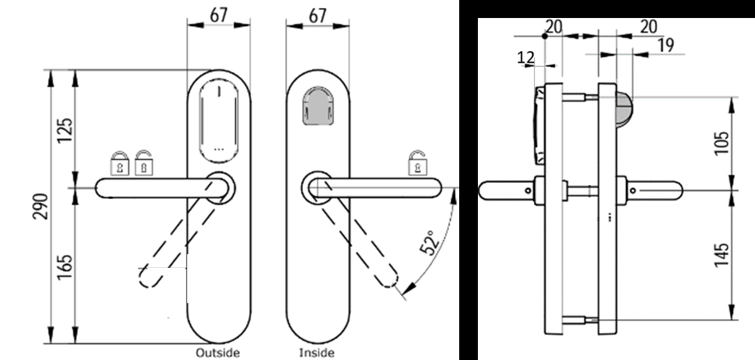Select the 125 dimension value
pos(65,130)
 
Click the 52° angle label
pos(429,244)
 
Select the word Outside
pos(217,353)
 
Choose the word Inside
pos(317,353)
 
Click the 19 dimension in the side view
pos(665,45)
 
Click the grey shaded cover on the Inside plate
pos(317,107)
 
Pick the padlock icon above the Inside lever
pos(417,163)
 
